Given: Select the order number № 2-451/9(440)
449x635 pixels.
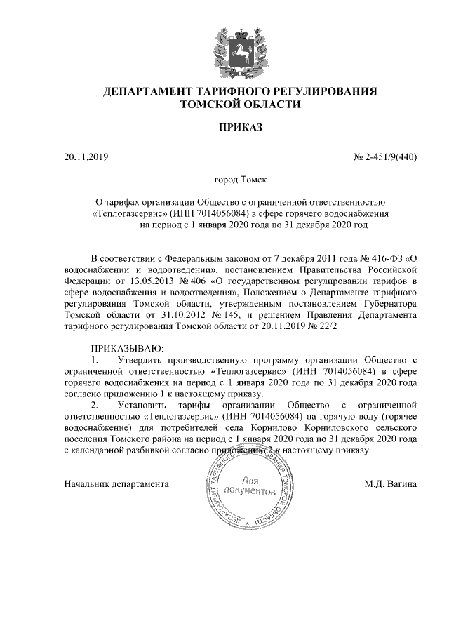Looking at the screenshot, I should coord(384,156).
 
